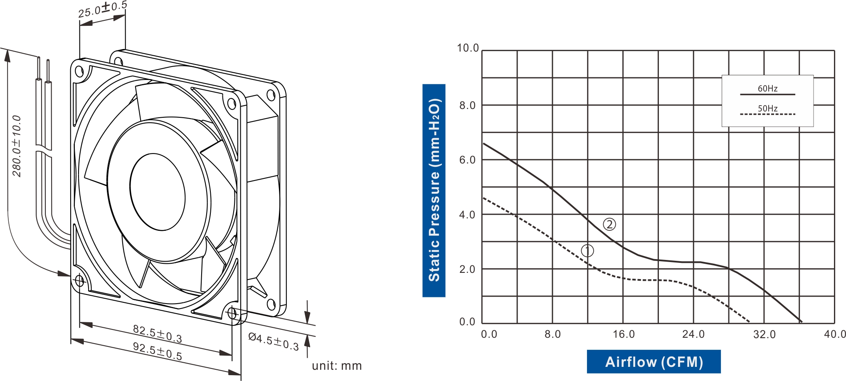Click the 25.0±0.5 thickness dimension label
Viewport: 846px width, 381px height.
pyautogui.click(x=103, y=9)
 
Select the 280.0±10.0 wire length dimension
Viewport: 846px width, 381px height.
pyautogui.click(x=17, y=146)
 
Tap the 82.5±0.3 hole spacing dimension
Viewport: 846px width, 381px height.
pyautogui.click(x=157, y=334)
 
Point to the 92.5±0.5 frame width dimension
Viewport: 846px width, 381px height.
pyautogui.click(x=157, y=351)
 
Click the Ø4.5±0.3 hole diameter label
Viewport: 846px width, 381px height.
pyautogui.click(x=274, y=341)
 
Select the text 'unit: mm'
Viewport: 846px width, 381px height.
pyautogui.click(x=337, y=366)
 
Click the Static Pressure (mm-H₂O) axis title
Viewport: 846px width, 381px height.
pyautogui.click(x=434, y=190)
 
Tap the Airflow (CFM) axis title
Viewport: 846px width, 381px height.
pyautogui.click(x=654, y=362)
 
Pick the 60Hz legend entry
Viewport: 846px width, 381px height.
pyautogui.click(x=767, y=89)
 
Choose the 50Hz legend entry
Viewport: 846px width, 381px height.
pyautogui.click(x=767, y=109)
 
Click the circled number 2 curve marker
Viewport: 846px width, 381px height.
pyautogui.click(x=609, y=225)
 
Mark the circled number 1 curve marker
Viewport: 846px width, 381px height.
pyautogui.click(x=587, y=250)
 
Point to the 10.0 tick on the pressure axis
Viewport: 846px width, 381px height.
pyautogui.click(x=468, y=48)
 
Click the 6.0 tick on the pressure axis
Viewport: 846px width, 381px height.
pyautogui.click(x=467, y=160)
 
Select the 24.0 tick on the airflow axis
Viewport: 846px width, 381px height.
pyautogui.click(x=693, y=334)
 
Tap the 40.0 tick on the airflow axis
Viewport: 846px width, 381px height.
pyautogui.click(x=835, y=334)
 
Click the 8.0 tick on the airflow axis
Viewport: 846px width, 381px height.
pyautogui.click(x=552, y=334)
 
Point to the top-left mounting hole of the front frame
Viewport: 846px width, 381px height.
pyautogui.click(x=79, y=72)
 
